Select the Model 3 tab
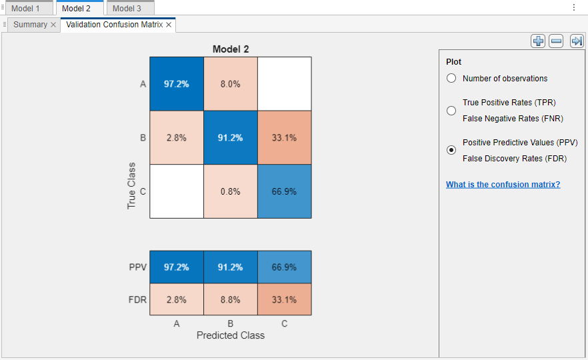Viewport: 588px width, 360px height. [127, 8]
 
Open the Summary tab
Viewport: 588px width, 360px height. [30, 25]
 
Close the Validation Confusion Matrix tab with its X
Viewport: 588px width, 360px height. [169, 25]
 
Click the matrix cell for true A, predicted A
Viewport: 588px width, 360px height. [176, 84]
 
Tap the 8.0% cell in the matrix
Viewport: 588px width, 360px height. [230, 84]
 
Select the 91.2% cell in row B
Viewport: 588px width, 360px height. [230, 138]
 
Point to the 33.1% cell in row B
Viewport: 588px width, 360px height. [284, 138]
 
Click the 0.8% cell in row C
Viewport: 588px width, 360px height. [230, 191]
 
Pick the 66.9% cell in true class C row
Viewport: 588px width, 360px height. [284, 191]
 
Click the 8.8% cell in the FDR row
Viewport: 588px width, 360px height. [230, 299]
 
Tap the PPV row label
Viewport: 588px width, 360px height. [137, 267]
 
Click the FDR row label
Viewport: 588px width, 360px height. [137, 299]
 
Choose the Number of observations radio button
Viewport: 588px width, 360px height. [451, 79]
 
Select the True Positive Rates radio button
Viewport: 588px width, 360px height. [451, 110]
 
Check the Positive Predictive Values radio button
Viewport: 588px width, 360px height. [451, 150]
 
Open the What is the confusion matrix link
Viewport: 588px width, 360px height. [503, 185]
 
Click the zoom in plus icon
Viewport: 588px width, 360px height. [538, 41]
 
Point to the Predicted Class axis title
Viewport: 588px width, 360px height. [230, 335]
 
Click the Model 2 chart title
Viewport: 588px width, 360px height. [231, 49]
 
